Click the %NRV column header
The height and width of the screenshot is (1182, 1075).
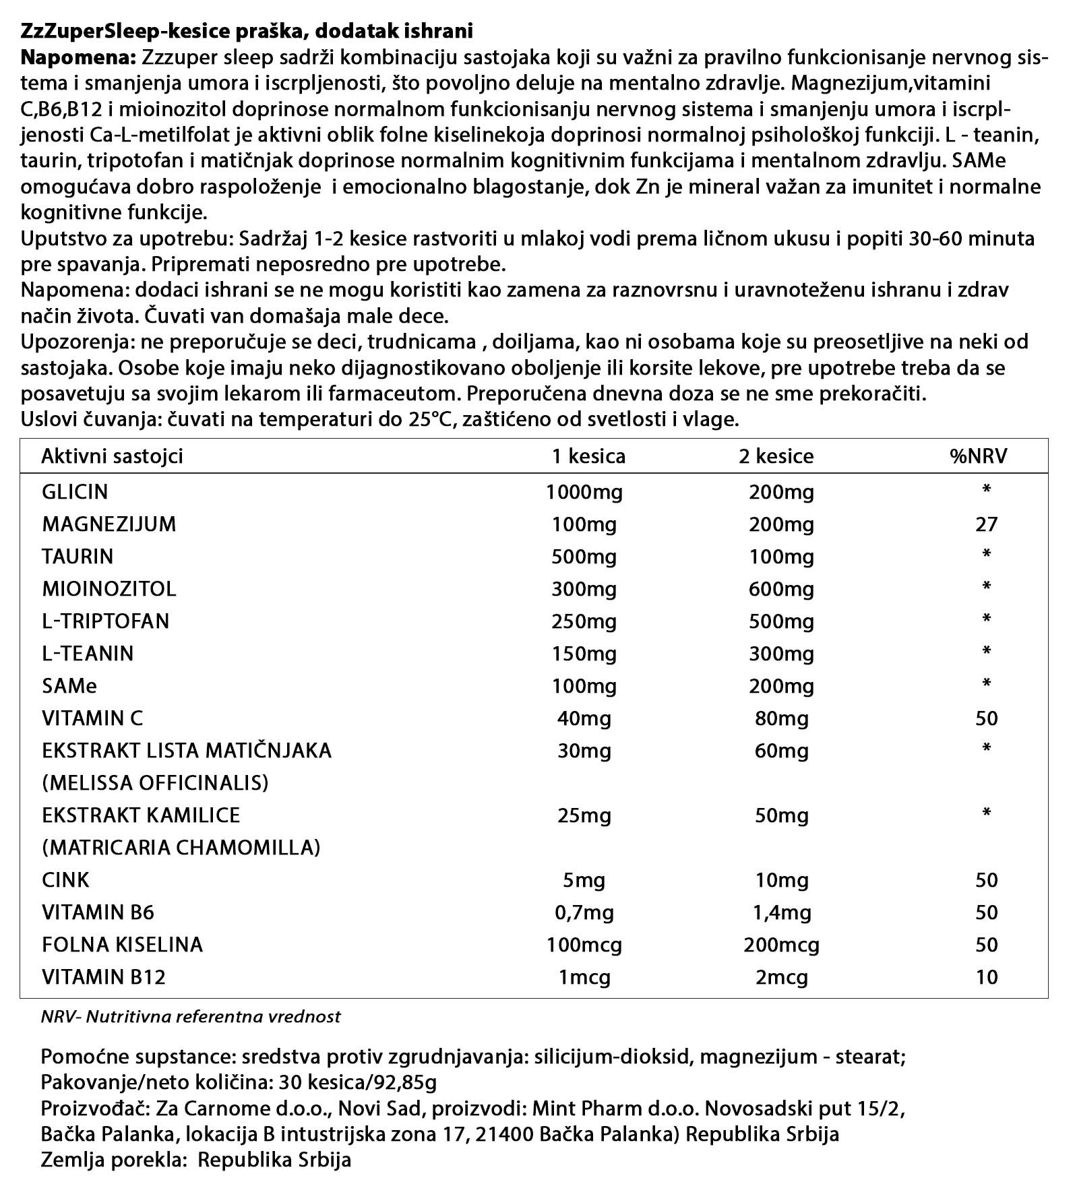[x=977, y=456]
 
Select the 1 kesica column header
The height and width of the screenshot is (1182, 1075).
[x=588, y=456]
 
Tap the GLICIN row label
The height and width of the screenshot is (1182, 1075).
[x=75, y=491]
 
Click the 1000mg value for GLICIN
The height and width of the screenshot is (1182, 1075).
[x=584, y=492]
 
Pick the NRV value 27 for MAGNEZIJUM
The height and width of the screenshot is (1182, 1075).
[x=986, y=524]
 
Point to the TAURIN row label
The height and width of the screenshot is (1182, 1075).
[x=78, y=557]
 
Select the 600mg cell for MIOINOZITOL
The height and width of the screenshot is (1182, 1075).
[x=781, y=589]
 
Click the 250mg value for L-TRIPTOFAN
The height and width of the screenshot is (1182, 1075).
[x=584, y=621]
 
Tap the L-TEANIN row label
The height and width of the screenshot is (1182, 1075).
[x=88, y=654]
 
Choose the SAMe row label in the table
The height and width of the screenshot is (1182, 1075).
[x=69, y=686]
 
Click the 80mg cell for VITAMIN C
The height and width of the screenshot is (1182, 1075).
[x=781, y=718]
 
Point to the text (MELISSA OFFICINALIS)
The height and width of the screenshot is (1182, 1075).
[x=155, y=783]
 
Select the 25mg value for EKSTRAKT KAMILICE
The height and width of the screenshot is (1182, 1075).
[x=584, y=815]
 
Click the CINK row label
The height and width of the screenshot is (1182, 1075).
[x=65, y=880]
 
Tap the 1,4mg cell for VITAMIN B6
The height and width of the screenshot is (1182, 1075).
[x=781, y=912]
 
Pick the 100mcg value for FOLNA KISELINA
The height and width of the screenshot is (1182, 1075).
[x=584, y=945]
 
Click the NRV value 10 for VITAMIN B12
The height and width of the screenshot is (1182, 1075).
[x=986, y=977]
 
